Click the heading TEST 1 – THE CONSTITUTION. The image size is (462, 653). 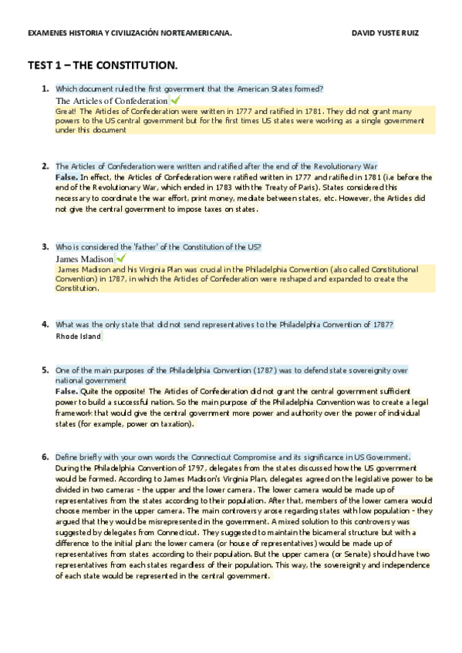tap(103, 67)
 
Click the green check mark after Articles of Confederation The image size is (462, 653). tap(176, 100)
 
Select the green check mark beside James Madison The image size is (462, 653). tap(120, 258)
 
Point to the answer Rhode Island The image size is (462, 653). tap(79, 337)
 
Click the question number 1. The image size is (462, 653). tap(46, 89)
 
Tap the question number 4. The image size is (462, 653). tap(46, 324)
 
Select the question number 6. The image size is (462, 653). tap(46, 457)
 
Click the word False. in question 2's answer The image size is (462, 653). tap(66, 177)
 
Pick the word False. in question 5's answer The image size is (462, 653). tap(66, 391)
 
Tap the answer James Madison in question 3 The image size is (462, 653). tap(85, 259)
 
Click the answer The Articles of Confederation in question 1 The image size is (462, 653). tap(112, 101)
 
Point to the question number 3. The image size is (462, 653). tap(46, 246)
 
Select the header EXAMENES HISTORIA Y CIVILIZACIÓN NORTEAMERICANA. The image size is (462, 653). tap(129, 34)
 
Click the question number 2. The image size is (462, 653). tap(46, 166)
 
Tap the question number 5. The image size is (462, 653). tap(46, 370)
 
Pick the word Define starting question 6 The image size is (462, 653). tap(67, 457)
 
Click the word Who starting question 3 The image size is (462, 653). tap(63, 247)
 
